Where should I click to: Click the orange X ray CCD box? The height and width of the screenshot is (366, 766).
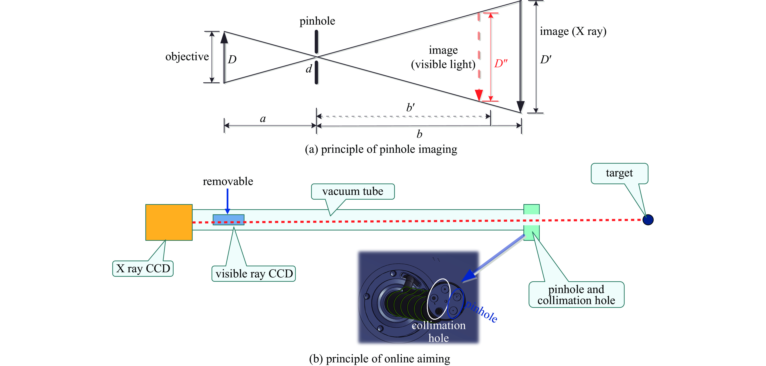tap(169, 222)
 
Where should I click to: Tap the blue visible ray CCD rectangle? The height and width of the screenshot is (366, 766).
tap(228, 219)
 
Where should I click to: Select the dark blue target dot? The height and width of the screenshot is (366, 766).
tap(648, 220)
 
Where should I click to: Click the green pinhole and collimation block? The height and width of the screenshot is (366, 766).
tap(531, 222)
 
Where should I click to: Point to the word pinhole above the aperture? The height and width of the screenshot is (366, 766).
tap(317, 21)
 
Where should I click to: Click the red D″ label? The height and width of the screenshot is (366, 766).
tap(501, 63)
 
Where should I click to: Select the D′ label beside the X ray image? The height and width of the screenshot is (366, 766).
tap(545, 60)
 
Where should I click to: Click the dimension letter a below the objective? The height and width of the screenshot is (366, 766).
tap(263, 119)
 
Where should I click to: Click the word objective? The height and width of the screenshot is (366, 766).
tap(187, 56)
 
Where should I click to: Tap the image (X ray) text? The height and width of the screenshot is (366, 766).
tap(573, 31)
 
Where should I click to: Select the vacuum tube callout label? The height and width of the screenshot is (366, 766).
tap(353, 191)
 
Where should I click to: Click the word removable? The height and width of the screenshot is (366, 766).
tap(228, 181)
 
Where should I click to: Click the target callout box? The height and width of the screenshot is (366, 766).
tap(619, 173)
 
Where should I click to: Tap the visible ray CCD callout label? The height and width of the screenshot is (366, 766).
tap(254, 274)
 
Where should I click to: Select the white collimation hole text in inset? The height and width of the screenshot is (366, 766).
tap(439, 332)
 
